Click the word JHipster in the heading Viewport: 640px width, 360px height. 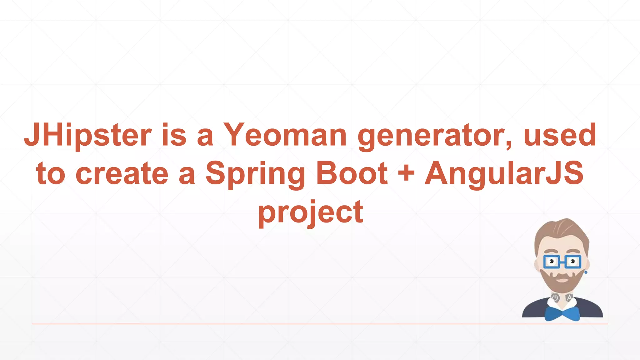click(88, 135)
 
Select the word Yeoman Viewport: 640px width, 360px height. click(285, 135)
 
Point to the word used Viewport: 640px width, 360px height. click(560, 135)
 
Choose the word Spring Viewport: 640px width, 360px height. click(255, 174)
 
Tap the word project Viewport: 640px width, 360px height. click(311, 213)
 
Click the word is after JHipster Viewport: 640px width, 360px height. click(174, 135)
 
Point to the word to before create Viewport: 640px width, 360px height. click(51, 174)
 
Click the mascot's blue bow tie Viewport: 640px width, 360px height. click(562, 313)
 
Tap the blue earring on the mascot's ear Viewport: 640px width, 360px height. click(586, 272)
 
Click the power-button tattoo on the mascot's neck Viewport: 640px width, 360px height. click(555, 297)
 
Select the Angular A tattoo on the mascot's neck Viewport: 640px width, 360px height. click(569, 297)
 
